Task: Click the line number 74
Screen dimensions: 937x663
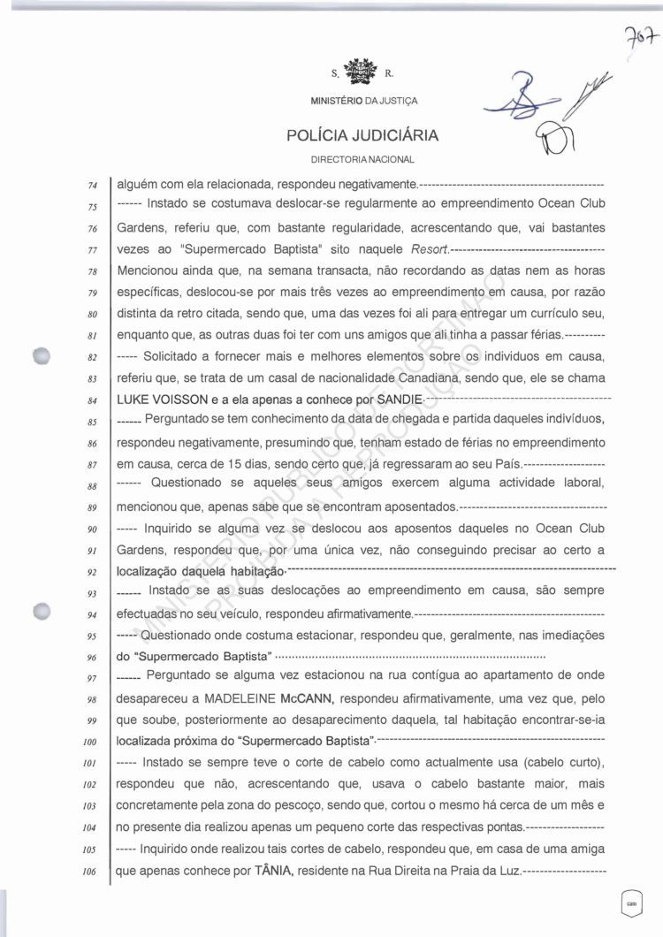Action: [92, 187]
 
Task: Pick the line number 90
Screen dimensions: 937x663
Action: [92, 529]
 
